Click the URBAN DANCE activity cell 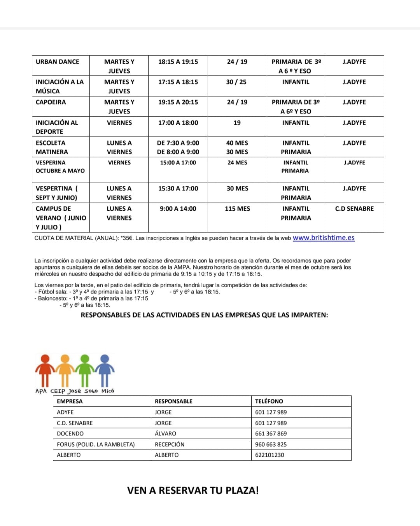[x=58, y=62]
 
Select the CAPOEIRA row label [x=51, y=102]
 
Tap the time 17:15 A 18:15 [x=178, y=82]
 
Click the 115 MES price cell [x=237, y=209]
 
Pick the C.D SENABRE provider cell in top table [x=354, y=209]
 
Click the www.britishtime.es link [x=324, y=238]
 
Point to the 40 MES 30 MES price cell [x=237, y=147]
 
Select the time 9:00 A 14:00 [x=178, y=209]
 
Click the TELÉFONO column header [x=269, y=401]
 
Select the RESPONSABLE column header [x=173, y=401]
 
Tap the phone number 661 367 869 [x=271, y=433]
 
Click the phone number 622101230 [x=269, y=455]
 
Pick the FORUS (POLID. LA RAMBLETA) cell [x=96, y=444]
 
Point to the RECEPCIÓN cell [x=170, y=444]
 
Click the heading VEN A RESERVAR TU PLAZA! [x=193, y=490]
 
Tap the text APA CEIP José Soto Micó [x=75, y=391]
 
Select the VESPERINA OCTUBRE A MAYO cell [x=60, y=167]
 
